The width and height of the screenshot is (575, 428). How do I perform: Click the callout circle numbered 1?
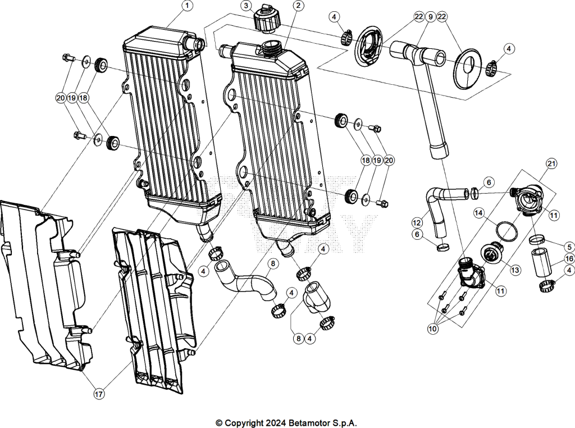click(x=187, y=6)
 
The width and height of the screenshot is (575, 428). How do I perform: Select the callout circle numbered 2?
click(x=298, y=6)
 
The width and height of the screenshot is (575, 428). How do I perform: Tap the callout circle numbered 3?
click(x=246, y=6)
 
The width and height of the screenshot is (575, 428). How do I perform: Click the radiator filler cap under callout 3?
click(x=267, y=20)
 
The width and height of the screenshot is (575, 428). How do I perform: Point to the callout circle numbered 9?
click(x=430, y=17)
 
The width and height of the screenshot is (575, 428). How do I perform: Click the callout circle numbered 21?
click(x=551, y=163)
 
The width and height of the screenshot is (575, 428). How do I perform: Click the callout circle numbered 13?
click(x=515, y=270)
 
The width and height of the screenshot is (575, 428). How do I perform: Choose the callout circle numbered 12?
click(x=417, y=222)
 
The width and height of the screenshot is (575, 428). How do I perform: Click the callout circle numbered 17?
click(x=99, y=394)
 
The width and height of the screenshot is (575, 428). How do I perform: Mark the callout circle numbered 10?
click(x=433, y=329)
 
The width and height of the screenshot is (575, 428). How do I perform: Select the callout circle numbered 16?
click(x=569, y=259)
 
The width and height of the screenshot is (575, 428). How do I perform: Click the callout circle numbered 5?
click(x=569, y=247)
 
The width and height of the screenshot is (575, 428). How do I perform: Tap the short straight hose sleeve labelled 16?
click(x=541, y=262)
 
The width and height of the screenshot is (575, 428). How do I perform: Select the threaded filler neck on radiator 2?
click(x=273, y=48)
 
